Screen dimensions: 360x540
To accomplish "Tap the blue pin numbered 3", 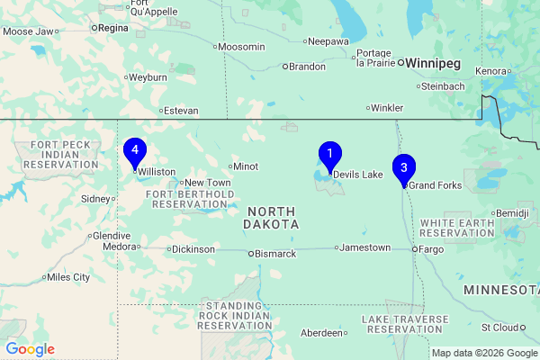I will click(x=404, y=167).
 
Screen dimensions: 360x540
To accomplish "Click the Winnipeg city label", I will click(x=435, y=64).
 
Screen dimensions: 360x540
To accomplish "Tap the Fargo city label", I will click(x=433, y=247).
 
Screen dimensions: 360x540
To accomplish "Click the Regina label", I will click(x=112, y=28).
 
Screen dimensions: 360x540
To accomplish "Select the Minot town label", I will click(x=246, y=166).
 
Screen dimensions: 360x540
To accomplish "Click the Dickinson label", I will click(x=193, y=249).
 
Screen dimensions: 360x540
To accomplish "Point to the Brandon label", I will click(x=307, y=66).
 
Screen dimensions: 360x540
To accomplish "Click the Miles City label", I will click(x=68, y=277).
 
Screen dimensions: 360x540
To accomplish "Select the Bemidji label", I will click(x=513, y=212).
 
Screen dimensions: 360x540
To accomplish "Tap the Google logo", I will click(x=30, y=349).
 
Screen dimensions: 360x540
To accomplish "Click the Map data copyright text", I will click(x=483, y=353).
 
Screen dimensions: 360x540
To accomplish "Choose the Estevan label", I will click(x=180, y=111).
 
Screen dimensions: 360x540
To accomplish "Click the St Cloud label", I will click(x=500, y=328).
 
